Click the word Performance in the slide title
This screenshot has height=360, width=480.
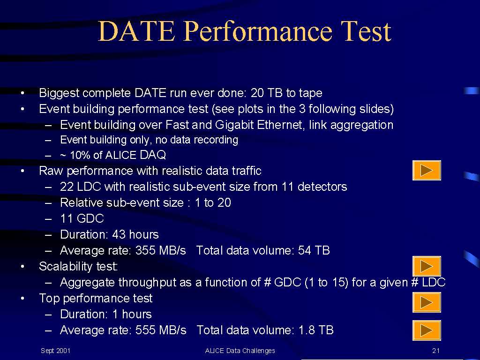[258, 32]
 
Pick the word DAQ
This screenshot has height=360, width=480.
[152, 155]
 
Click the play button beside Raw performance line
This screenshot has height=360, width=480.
[427, 170]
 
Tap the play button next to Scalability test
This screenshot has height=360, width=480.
[427, 266]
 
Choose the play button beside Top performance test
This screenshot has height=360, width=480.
[427, 302]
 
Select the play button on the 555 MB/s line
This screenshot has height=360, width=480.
[427, 330]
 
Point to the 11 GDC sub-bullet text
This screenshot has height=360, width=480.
[82, 218]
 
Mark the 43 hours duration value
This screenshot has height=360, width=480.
[135, 234]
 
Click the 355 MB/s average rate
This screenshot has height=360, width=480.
[161, 250]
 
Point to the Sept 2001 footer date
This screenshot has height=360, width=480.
[55, 351]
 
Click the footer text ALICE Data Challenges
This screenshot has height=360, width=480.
[240, 351]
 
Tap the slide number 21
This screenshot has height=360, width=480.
[436, 351]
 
